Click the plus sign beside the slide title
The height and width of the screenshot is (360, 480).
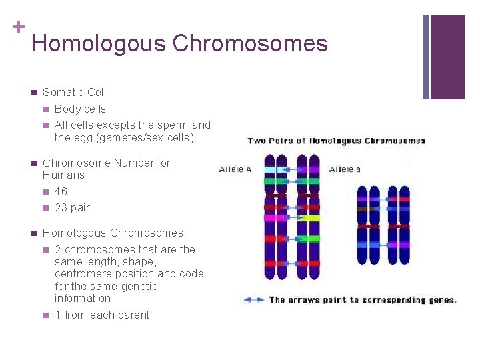18,27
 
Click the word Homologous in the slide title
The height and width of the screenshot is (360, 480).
98,44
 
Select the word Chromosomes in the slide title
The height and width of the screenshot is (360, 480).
250,44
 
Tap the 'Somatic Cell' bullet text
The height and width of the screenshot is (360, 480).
74,93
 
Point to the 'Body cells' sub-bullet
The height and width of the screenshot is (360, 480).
80,109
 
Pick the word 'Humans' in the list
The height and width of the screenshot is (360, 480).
63,175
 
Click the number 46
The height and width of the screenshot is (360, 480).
61,192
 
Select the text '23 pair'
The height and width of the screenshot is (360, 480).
72,208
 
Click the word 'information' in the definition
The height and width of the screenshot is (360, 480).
83,298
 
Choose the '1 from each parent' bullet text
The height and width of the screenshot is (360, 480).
102,315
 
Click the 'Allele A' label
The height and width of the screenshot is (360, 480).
235,169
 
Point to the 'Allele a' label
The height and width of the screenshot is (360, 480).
345,169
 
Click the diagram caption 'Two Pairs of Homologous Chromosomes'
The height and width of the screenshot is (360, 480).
336,141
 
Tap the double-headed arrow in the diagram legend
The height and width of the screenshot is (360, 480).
254,300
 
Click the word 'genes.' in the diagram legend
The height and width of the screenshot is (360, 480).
440,300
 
